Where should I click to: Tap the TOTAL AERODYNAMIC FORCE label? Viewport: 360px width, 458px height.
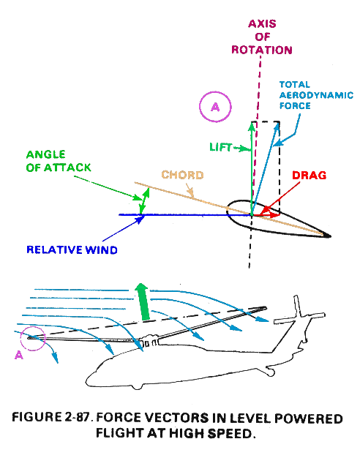pos(316,95)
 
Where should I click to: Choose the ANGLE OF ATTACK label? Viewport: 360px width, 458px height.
pos(59,161)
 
